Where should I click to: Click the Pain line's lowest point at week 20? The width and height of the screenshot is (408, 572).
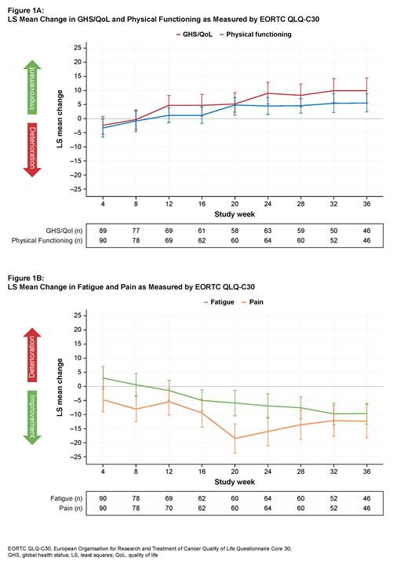[x=235, y=439]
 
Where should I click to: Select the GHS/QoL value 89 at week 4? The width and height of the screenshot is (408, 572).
[x=104, y=231]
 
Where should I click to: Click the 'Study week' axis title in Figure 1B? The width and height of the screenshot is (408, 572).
[x=235, y=480]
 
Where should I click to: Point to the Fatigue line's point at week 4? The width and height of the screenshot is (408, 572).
[x=104, y=378]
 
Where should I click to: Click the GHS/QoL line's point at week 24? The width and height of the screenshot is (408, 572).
[x=268, y=93]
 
